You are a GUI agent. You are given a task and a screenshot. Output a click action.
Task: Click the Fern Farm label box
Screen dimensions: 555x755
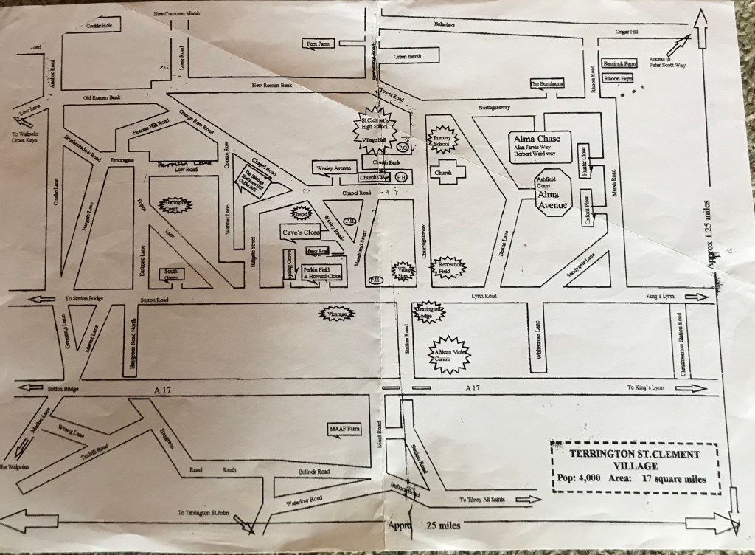click(319, 44)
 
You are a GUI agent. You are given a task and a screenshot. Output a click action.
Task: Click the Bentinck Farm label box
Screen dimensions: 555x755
click(619, 64)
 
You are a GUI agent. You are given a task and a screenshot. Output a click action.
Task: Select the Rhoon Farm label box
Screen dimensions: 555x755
click(617, 78)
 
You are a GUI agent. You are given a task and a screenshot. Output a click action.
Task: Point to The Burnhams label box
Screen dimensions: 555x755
click(546, 84)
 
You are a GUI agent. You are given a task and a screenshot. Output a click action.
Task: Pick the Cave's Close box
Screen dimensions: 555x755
click(299, 232)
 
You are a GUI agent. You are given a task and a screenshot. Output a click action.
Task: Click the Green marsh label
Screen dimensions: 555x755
click(408, 57)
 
